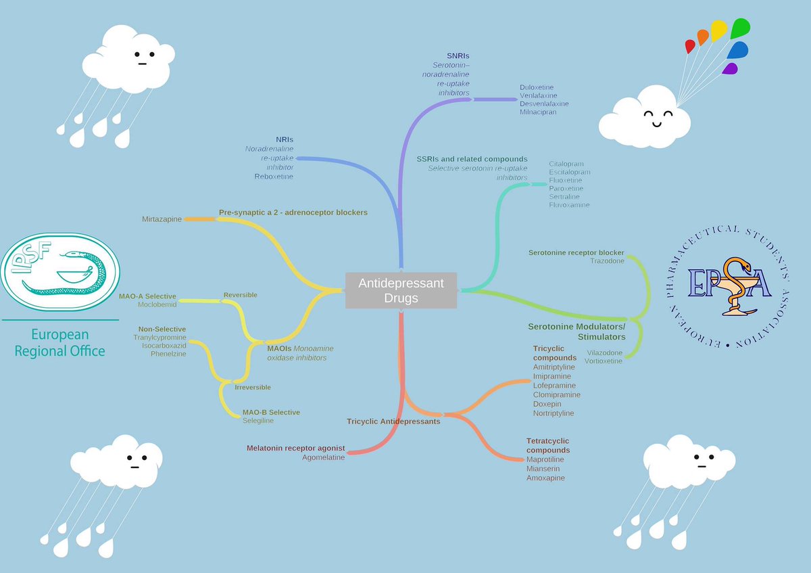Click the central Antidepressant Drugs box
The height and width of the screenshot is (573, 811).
point(401,290)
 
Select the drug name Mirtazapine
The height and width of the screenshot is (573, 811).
point(162,219)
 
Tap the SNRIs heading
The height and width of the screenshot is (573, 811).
point(458,56)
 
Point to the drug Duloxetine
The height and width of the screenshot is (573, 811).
point(537,87)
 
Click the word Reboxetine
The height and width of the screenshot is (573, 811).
point(274,177)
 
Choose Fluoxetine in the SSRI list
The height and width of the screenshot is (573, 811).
point(566,180)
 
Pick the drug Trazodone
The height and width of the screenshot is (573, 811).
point(607,261)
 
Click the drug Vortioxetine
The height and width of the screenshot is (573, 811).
point(603,361)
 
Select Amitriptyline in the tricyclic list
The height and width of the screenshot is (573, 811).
point(554,367)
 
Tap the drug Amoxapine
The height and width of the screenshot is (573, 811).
point(545,478)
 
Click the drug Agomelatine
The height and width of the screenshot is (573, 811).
point(323,457)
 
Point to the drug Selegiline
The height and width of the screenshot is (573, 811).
point(258,420)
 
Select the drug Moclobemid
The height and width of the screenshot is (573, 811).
point(157,304)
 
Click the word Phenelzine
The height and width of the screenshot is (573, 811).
point(168,354)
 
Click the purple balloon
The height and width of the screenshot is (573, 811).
point(731,68)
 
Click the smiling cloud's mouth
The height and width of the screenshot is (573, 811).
point(657,124)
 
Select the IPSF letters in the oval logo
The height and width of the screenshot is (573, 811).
point(31,257)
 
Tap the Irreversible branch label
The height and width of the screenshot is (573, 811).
point(253,387)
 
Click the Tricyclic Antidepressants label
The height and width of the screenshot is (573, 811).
point(393,421)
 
